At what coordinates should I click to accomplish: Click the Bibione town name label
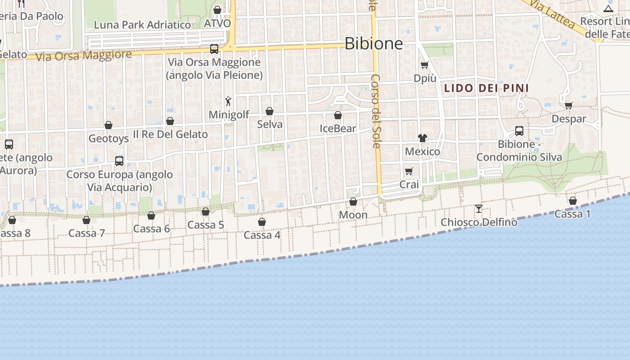pos(373,43)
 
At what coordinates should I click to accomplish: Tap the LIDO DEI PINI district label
pos(486,88)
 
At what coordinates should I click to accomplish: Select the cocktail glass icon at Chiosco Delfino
pos(479,209)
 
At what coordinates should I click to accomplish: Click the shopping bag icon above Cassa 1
pos(573,201)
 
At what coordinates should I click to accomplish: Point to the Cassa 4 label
pos(262,235)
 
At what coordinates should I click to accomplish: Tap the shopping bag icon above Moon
pos(353,202)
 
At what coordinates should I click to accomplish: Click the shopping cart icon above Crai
pos(409,171)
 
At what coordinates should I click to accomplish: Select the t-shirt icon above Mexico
pos(422,138)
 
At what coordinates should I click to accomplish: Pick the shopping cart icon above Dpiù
pos(424,65)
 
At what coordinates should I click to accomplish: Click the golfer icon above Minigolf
pos(228,101)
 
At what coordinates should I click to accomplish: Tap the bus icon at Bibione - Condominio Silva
pos(519,131)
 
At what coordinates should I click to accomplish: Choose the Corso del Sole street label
pos(376,111)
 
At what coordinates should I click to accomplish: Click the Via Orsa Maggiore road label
pos(84,56)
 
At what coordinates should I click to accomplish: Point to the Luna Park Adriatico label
pos(142,25)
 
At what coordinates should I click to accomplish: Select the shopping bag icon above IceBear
pos(338,116)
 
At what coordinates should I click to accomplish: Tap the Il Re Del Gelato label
pos(171,134)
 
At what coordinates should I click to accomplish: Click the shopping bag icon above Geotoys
pos(108,125)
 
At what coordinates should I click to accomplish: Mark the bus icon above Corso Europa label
pos(119,161)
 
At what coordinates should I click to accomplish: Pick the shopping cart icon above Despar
pos(569,106)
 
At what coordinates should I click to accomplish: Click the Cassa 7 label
pos(86,233)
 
